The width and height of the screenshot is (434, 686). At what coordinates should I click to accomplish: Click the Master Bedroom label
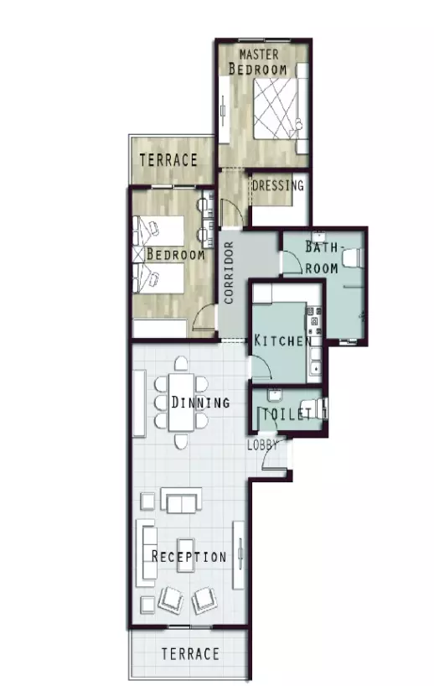(258, 62)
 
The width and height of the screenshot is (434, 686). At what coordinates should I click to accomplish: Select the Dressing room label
(278, 185)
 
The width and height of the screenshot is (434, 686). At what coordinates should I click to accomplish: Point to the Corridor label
(229, 273)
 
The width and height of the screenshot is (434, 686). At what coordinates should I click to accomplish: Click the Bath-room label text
(322, 257)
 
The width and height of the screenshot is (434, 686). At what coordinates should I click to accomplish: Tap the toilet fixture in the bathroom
(352, 257)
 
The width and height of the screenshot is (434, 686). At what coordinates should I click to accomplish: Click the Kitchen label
(283, 340)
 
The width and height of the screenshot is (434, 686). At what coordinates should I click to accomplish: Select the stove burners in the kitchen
(315, 320)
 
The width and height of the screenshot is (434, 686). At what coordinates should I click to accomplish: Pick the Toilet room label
(287, 414)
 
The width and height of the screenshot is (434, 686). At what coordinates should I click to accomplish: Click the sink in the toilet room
(275, 395)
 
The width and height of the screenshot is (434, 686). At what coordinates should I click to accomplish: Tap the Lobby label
(262, 445)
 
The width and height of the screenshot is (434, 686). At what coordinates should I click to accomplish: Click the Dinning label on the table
(200, 402)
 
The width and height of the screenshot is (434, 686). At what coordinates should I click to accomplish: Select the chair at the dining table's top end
(181, 364)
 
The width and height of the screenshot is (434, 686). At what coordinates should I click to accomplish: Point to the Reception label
(189, 557)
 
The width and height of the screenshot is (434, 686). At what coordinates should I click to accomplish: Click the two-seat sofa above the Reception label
(181, 501)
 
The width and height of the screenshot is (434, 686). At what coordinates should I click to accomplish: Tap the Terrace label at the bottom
(190, 654)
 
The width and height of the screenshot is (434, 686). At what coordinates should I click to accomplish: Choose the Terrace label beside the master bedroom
(168, 160)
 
